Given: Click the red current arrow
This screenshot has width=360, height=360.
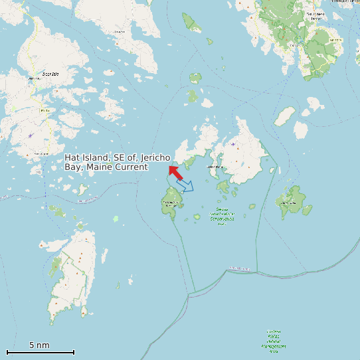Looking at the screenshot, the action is pos(175,173).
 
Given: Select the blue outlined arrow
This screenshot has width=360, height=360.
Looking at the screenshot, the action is pos(186,186).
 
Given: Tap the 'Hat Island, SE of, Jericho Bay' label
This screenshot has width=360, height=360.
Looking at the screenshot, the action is pos(118,162).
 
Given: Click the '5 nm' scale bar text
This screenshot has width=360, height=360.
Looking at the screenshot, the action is pos(39,345).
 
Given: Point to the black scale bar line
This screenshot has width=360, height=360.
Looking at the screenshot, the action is pos(40,352).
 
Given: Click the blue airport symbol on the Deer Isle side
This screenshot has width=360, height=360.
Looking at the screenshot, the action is pos(30,135).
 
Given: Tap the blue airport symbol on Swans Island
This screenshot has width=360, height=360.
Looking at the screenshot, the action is pos(232,143).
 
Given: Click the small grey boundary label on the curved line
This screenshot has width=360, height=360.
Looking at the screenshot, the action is pos(238,268).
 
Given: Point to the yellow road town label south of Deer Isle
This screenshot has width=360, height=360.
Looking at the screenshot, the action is pos(41,153).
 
